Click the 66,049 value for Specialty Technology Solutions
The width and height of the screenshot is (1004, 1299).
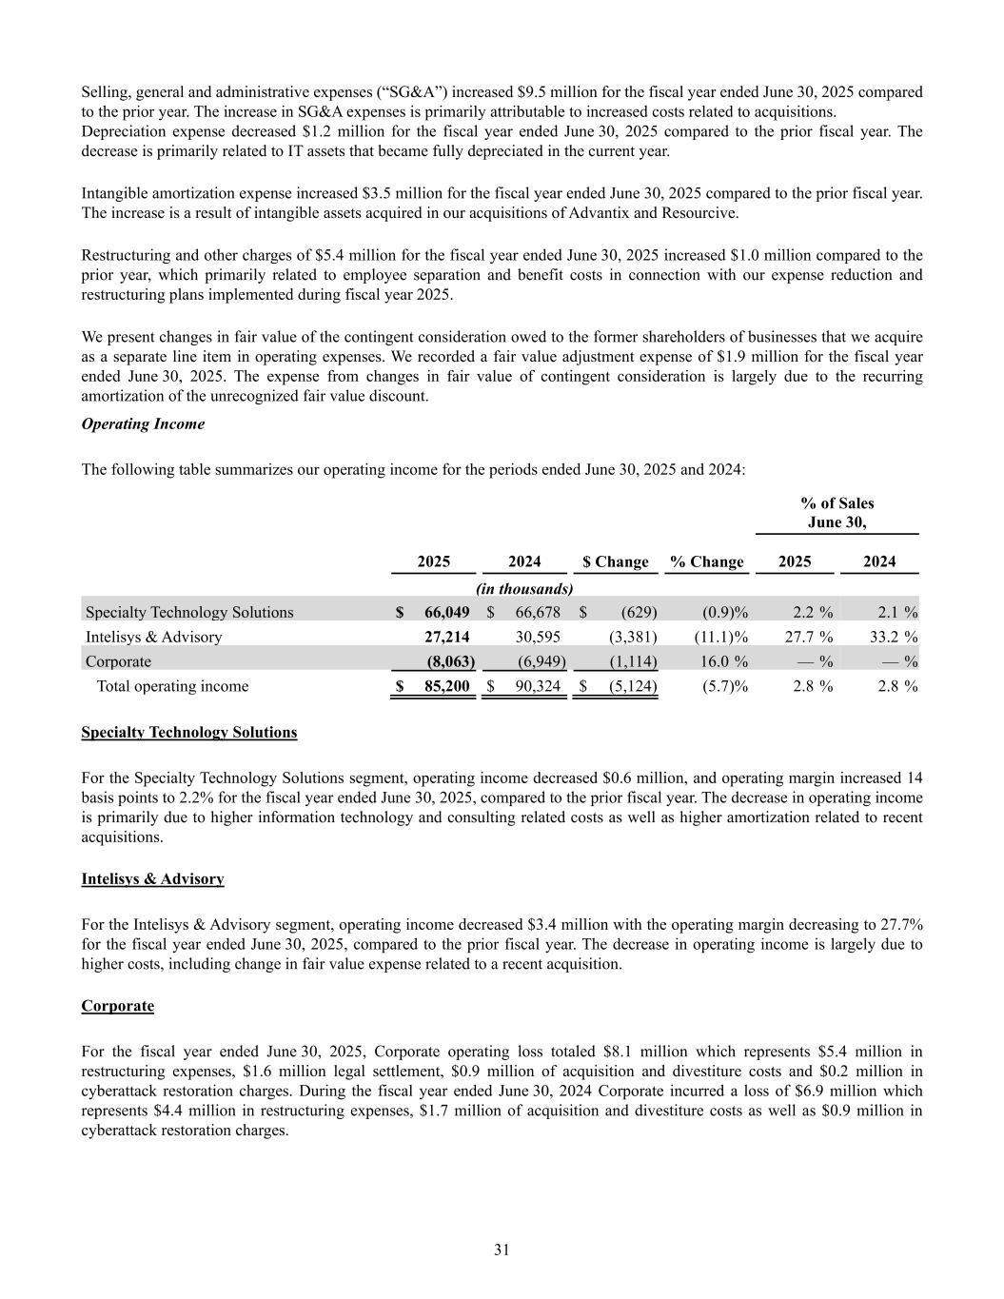446,612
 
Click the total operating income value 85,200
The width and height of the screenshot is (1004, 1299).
446,686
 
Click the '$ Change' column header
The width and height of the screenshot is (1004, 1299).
615,561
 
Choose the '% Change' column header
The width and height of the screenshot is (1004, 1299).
706,561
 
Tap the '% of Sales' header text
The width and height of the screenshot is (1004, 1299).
837,503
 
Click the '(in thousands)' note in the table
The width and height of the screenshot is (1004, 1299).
524,589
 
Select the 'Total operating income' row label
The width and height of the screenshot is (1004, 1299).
172,686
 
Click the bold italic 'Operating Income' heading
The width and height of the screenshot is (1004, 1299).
143,424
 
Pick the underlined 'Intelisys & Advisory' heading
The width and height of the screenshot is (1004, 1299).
152,878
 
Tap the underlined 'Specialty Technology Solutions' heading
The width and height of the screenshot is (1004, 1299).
188,732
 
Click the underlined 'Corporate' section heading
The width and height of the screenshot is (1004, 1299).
117,1006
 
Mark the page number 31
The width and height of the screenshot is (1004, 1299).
502,1250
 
